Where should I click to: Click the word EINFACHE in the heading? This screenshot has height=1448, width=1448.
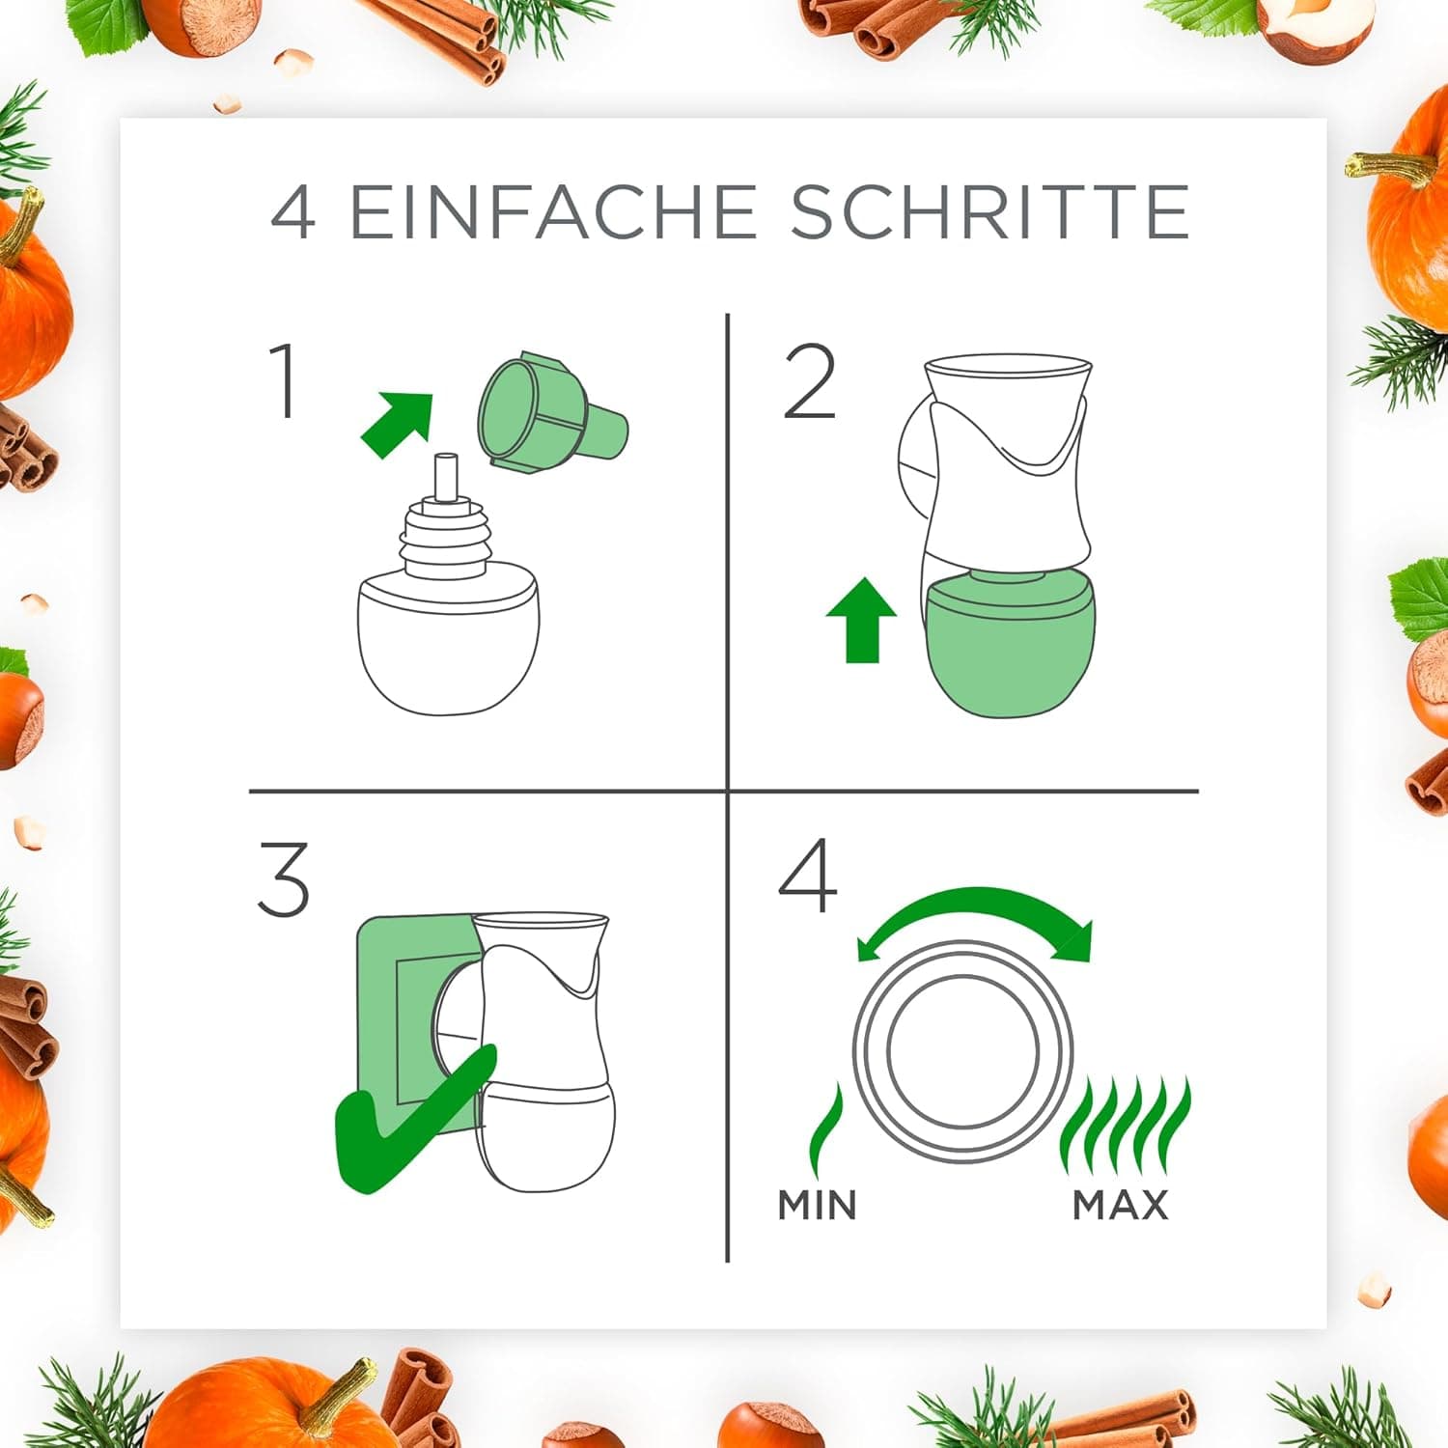(552, 211)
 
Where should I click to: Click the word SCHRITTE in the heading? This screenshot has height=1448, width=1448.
(989, 211)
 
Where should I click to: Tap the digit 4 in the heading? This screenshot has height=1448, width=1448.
(292, 212)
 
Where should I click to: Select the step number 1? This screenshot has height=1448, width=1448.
(283, 381)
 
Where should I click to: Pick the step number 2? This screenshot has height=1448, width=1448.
(809, 382)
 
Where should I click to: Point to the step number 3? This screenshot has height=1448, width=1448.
(284, 878)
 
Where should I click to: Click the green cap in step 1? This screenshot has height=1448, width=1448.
(552, 413)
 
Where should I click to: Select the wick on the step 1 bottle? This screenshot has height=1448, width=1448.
(445, 477)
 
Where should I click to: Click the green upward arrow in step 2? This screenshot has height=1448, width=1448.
(862, 620)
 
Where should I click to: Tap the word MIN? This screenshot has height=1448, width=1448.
(818, 1205)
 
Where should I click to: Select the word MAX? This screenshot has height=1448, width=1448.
(1121, 1205)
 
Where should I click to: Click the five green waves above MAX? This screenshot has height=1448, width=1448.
(1126, 1126)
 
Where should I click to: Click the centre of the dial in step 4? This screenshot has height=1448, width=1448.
(963, 1051)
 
